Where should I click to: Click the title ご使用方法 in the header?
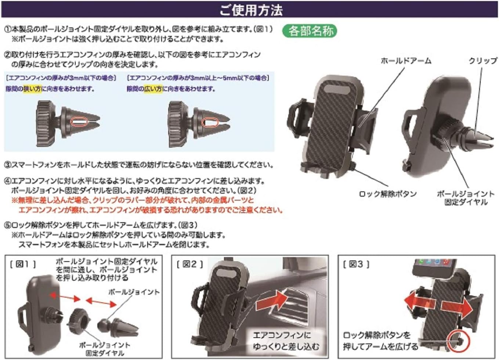[251, 10]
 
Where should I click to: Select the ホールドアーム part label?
[406, 61]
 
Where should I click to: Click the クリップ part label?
[482, 61]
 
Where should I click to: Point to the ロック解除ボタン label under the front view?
[388, 194]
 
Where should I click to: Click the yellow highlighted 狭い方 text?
[32, 89]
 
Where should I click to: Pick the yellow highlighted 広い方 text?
[153, 89]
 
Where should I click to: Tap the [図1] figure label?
[23, 264]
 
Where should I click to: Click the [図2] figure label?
[189, 264]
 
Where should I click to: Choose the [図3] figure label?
[356, 264]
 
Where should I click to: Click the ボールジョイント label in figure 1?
[134, 292]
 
